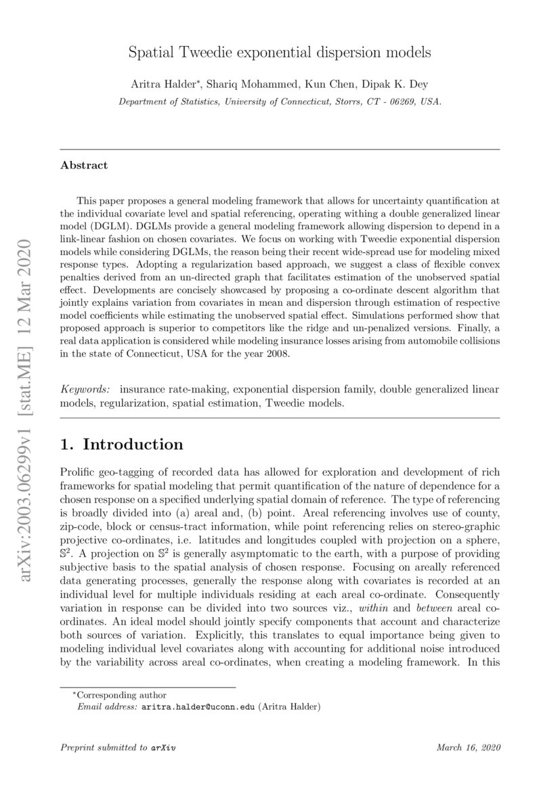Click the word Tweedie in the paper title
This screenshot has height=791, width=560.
[217, 52]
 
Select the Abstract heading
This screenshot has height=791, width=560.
[84, 165]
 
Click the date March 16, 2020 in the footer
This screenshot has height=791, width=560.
[468, 748]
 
